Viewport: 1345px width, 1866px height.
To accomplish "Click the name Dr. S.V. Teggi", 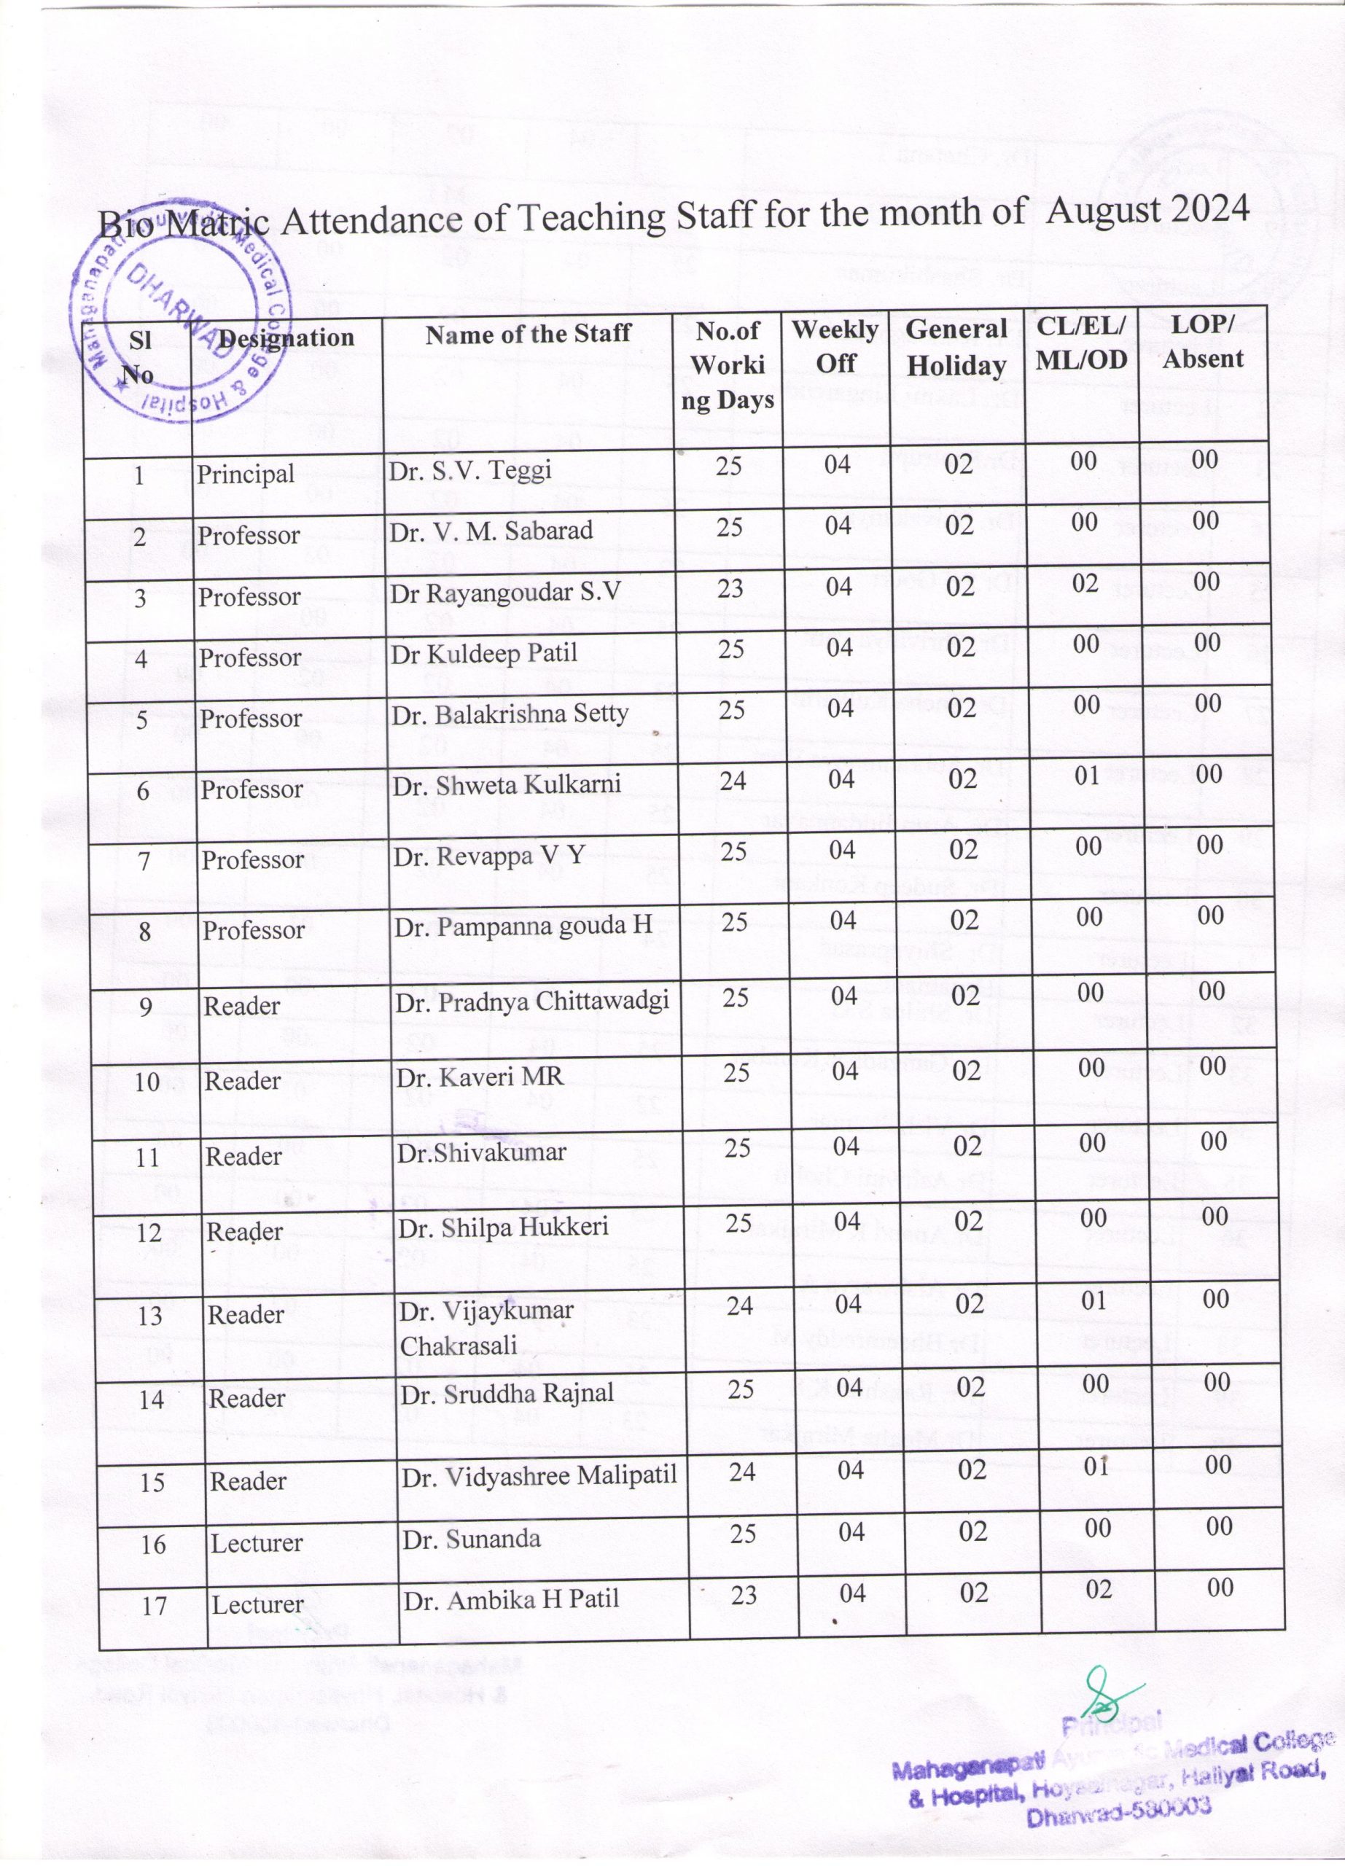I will click(469, 472).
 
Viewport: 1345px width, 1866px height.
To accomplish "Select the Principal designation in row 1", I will click(245, 475).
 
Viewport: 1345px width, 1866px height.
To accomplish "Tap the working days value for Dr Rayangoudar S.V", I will click(730, 588).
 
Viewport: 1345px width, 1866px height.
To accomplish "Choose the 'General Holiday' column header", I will click(956, 347).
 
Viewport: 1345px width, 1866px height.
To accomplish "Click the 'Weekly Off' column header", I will click(835, 346).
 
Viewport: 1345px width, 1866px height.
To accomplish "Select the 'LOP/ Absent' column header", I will click(1203, 341).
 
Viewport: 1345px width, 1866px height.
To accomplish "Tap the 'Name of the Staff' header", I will click(527, 333).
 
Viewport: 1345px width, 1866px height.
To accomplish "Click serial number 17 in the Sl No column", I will click(155, 1606).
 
